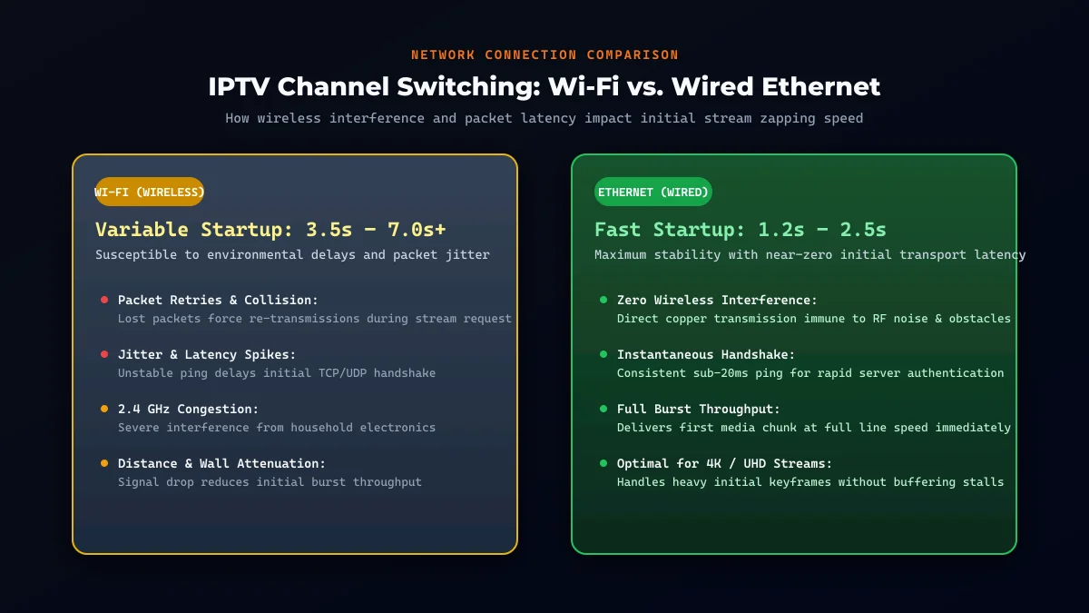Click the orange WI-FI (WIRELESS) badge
point(149,192)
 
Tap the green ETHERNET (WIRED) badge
point(652,192)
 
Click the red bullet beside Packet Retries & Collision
point(104,300)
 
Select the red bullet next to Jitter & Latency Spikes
point(104,354)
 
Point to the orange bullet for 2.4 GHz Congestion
point(104,409)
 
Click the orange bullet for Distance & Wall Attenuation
point(104,463)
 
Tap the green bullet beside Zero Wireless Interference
point(603,300)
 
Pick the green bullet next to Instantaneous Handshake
point(603,354)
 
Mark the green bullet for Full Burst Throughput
point(603,409)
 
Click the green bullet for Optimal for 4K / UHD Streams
point(603,463)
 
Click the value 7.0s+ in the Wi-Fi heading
point(417,230)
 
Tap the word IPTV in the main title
point(239,86)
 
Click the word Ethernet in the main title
point(820,86)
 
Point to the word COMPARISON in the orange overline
point(633,55)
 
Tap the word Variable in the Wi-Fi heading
point(142,230)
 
